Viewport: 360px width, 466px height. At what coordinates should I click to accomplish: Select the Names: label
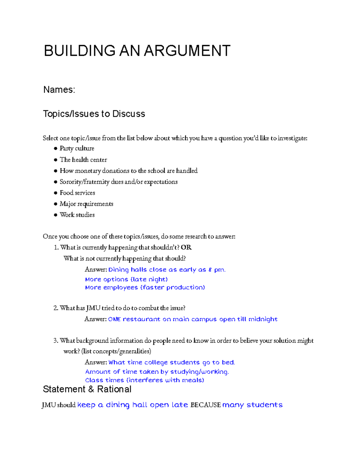pyautogui.click(x=59, y=90)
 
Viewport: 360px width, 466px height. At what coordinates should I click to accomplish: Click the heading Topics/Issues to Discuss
pyautogui.click(x=94, y=114)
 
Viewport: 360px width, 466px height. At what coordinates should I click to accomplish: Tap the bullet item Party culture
pyautogui.click(x=77, y=149)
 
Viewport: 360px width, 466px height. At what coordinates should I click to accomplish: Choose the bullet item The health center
pyautogui.click(x=83, y=160)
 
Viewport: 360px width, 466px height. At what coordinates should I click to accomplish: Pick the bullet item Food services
pyautogui.click(x=77, y=193)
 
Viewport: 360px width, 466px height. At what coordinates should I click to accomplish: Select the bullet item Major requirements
pyautogui.click(x=86, y=204)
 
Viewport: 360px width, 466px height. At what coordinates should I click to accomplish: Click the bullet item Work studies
pyautogui.click(x=77, y=215)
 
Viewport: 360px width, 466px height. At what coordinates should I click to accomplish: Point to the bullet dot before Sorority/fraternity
pyautogui.click(x=55, y=182)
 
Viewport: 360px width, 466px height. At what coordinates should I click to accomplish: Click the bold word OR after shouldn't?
pyautogui.click(x=186, y=248)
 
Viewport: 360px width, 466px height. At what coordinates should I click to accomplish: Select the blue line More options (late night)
pyautogui.click(x=126, y=279)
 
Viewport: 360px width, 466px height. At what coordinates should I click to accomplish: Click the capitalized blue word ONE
pyautogui.click(x=114, y=319)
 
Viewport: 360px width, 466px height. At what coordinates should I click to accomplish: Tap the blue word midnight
pyautogui.click(x=263, y=319)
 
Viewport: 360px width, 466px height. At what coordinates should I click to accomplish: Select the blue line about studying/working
pyautogui.click(x=157, y=372)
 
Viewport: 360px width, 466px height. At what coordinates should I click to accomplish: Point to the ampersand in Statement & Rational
pyautogui.click(x=91, y=389)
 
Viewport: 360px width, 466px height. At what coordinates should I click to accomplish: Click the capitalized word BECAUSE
pyautogui.click(x=205, y=405)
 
